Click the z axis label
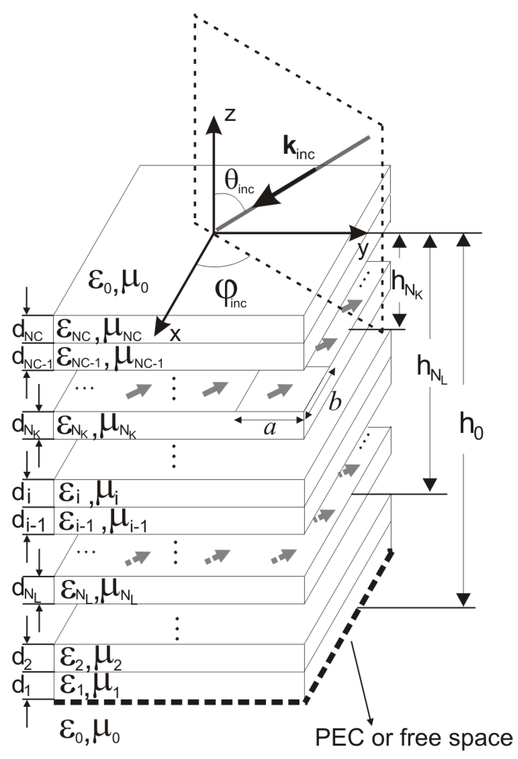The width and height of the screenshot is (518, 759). pos(230,115)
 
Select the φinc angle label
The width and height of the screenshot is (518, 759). pos(230,293)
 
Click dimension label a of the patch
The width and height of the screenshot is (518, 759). pos(270,428)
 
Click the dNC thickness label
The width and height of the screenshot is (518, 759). pos(27,331)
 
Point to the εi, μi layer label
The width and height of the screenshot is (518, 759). pos(88,494)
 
